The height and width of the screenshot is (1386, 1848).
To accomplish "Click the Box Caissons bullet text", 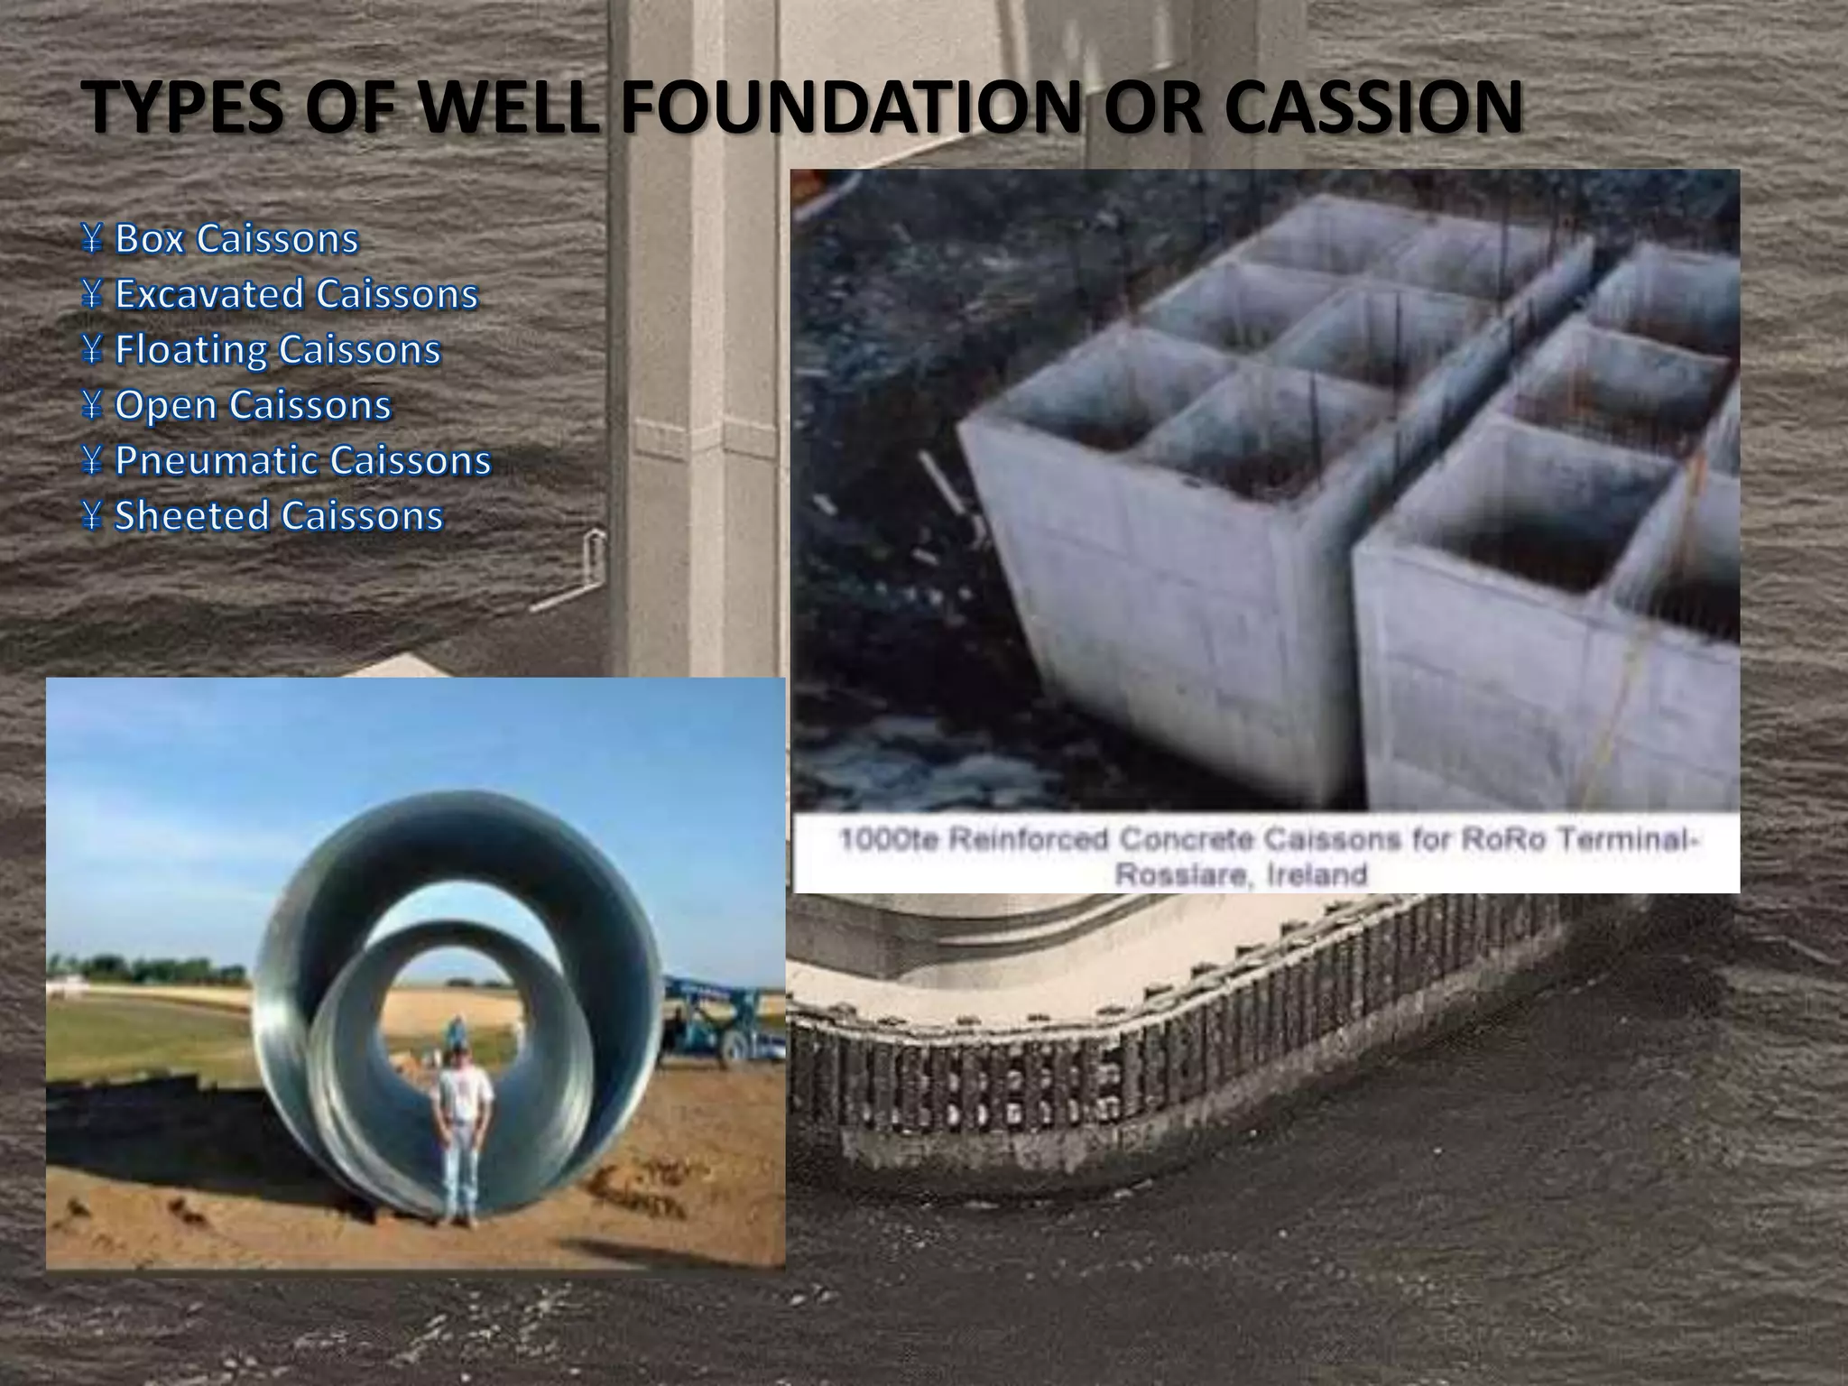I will pos(236,239).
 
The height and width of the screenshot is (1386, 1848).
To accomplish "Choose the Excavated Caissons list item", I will pos(296,294).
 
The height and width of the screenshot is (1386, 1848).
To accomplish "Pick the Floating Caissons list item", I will pos(278,349).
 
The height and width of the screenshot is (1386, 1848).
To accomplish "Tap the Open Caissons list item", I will pos(253,405).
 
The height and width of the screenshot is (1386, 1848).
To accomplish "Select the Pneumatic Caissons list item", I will pos(302,460).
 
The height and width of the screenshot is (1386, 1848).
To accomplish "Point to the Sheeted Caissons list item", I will pos(279,515).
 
